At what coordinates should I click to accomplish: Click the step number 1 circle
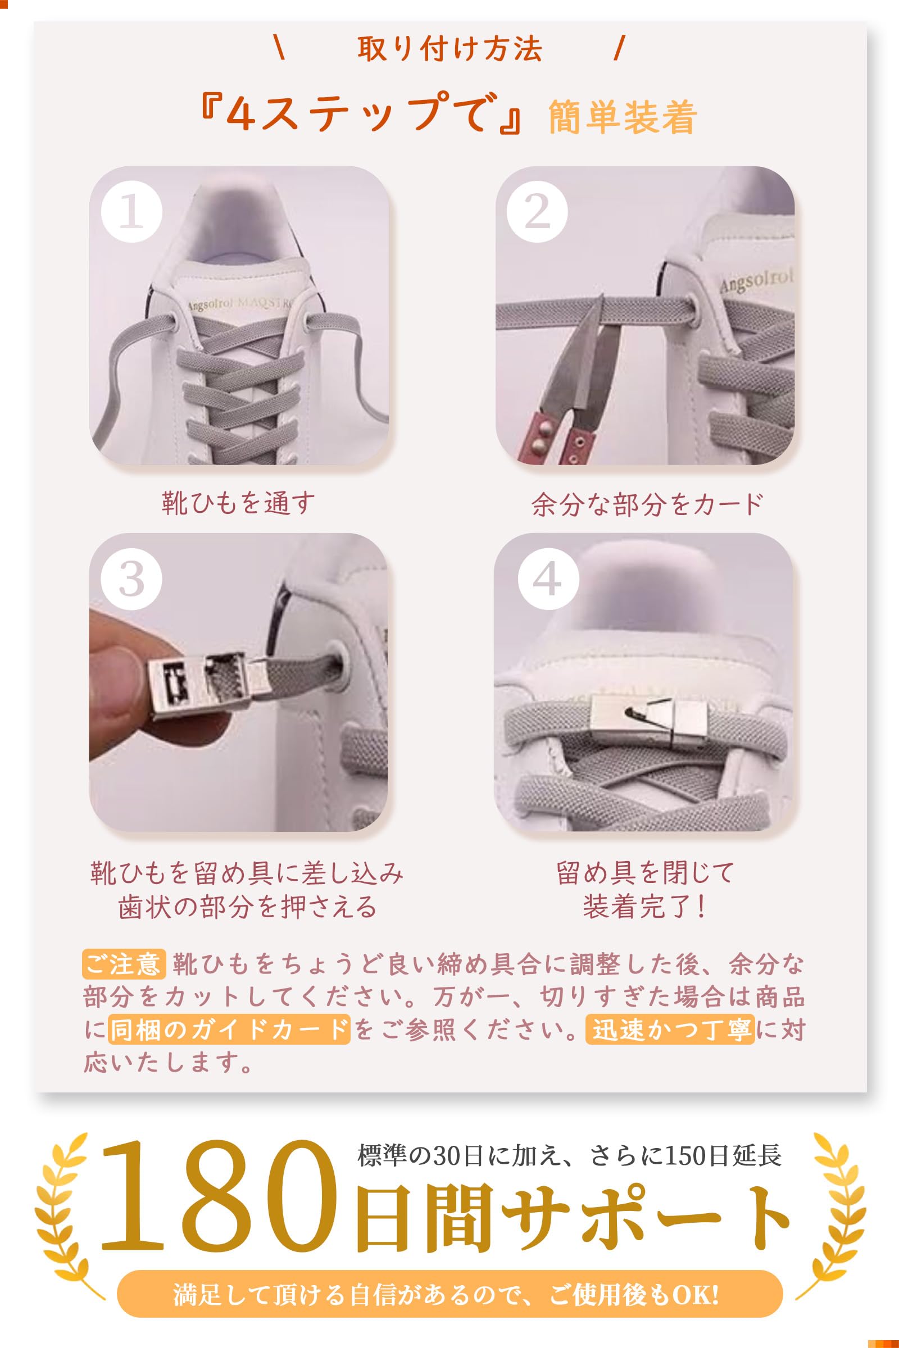click(131, 213)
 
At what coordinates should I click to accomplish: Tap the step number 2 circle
click(537, 213)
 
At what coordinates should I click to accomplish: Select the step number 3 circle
click(131, 580)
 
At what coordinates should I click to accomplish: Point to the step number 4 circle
click(548, 580)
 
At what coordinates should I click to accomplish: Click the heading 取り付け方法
click(450, 49)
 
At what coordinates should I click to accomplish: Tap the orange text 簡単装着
click(623, 117)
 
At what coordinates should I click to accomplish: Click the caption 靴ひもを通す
click(238, 503)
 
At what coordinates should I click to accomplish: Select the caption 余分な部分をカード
click(647, 504)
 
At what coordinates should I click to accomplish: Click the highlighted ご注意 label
click(124, 964)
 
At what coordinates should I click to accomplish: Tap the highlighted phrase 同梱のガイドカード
click(229, 1030)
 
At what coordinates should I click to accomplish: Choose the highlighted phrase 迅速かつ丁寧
click(670, 1030)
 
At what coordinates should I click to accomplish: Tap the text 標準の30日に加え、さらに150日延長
click(569, 1155)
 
